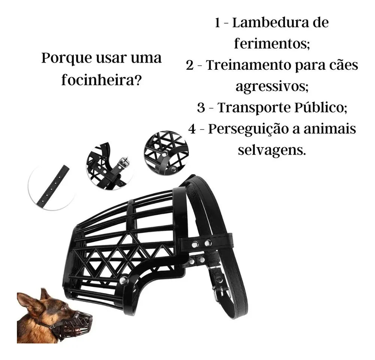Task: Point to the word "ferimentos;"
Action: [x=272, y=44]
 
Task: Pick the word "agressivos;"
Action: [x=272, y=86]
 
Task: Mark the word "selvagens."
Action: [x=272, y=150]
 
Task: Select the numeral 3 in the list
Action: [x=201, y=108]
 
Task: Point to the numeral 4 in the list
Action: [x=192, y=129]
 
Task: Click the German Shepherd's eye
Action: [x=64, y=308]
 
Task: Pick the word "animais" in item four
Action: [x=330, y=129]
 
